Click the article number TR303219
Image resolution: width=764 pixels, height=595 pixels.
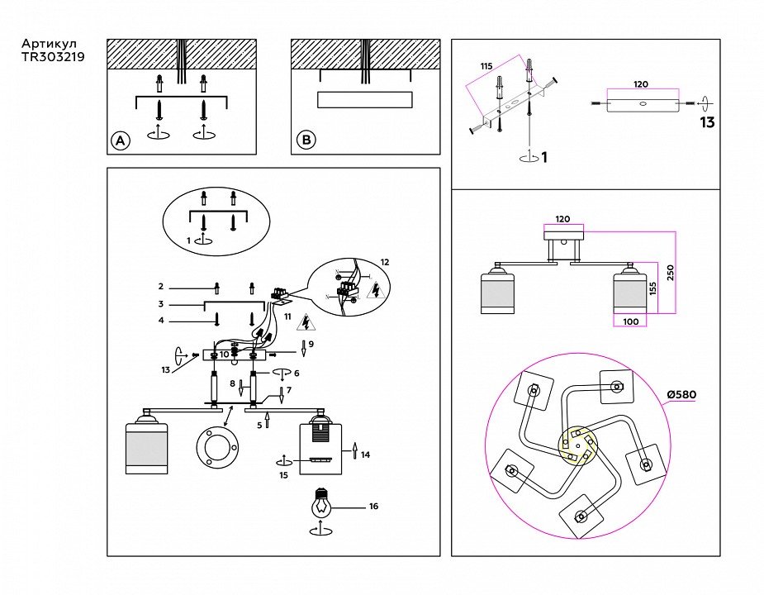[52, 57]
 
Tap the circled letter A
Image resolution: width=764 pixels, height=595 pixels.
[121, 141]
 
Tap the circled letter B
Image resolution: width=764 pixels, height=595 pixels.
[306, 141]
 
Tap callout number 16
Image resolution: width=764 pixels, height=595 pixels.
[373, 506]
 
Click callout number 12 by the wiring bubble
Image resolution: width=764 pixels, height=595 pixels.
[384, 262]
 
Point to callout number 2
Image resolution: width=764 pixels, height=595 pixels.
[161, 287]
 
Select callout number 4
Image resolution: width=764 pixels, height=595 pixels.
[161, 320]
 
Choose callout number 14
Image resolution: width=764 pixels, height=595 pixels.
[366, 454]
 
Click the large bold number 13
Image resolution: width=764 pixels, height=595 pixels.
[707, 123]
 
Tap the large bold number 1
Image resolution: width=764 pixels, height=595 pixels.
[544, 157]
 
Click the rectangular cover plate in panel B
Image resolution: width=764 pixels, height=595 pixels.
[363, 100]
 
